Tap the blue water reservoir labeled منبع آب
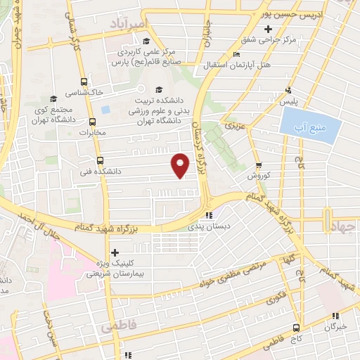pyautogui.click(x=310, y=127)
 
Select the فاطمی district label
pyautogui.click(x=116, y=327)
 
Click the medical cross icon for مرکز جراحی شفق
pyautogui.click(x=267, y=30)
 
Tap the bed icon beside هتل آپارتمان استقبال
pyautogui.click(x=236, y=55)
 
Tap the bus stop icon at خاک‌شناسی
pyautogui.click(x=84, y=82)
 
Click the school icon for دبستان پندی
pyautogui.click(x=208, y=215)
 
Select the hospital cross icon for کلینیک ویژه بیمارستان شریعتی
pyautogui.click(x=115, y=252)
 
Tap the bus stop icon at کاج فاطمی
pyautogui.click(x=297, y=328)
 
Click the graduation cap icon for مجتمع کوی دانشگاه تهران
pyautogui.click(x=53, y=98)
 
